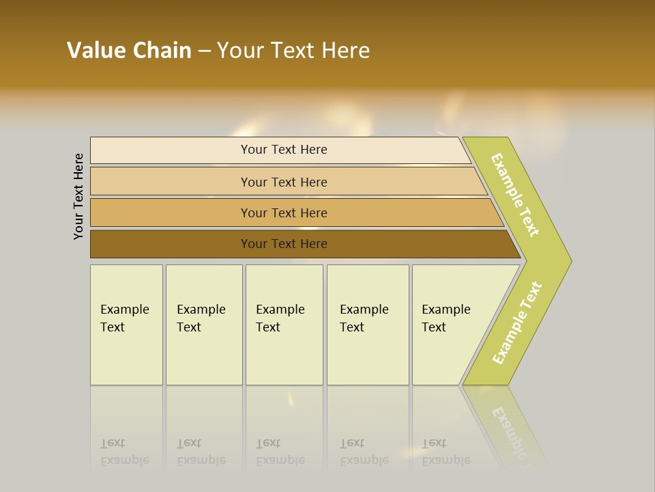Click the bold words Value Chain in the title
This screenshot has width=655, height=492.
coord(129,51)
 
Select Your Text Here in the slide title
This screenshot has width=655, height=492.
coord(293,51)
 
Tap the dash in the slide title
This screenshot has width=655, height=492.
coord(204,51)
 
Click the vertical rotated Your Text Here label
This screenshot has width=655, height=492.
coord(78,196)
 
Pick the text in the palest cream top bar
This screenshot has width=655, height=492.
coord(284,150)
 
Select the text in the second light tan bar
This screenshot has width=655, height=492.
coord(284,182)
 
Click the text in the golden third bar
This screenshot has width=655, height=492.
coord(284,213)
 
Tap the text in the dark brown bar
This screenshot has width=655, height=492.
coord(284,244)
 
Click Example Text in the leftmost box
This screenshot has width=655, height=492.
coord(124,318)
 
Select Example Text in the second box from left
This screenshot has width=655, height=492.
coord(201,318)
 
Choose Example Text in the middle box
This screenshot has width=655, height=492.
coord(280,318)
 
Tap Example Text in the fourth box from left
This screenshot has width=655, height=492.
coord(364,318)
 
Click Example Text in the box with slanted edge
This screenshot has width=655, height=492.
coord(446,318)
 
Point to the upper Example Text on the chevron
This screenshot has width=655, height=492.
coord(515,195)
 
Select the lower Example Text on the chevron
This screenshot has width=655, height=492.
coord(517,323)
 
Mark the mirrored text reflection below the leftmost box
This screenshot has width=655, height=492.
coord(124,452)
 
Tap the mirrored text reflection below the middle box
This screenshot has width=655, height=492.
coord(280,452)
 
